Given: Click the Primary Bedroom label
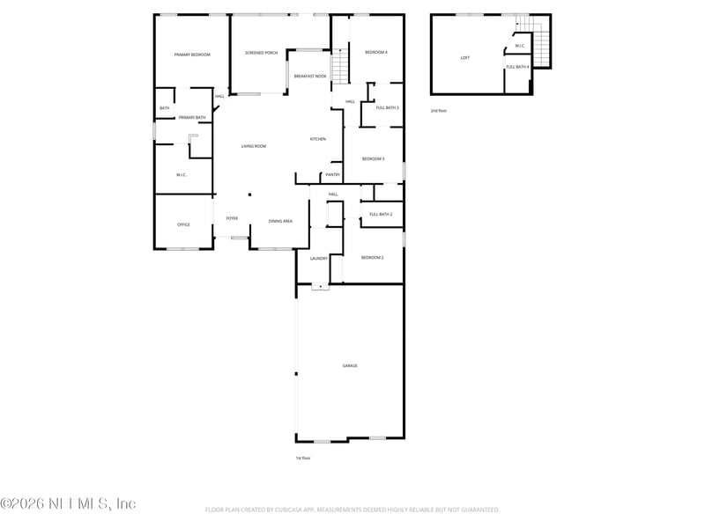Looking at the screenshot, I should point(192,55).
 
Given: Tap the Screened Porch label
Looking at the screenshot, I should point(261,53).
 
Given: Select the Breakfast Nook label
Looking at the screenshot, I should point(310,77).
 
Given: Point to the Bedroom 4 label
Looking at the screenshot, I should point(376,53).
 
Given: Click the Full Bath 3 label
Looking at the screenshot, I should point(387,107).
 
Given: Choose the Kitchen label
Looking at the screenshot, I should point(317,139).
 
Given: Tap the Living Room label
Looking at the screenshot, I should point(254,146).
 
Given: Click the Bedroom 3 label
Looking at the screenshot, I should point(373,158).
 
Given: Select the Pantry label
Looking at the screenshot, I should point(332,174).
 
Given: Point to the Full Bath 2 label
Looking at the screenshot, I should point(381,214).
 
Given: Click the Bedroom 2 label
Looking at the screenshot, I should point(372,257).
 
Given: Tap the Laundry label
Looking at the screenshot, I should point(319,258).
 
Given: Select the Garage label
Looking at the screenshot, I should point(350,365).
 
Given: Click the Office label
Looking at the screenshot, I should point(183,224).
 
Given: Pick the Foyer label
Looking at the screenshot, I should point(232,218).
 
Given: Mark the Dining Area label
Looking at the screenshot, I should point(280,221).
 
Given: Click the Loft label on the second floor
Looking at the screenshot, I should point(464,58).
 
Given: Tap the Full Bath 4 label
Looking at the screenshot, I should point(517,67).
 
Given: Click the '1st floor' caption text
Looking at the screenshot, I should point(303,458).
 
